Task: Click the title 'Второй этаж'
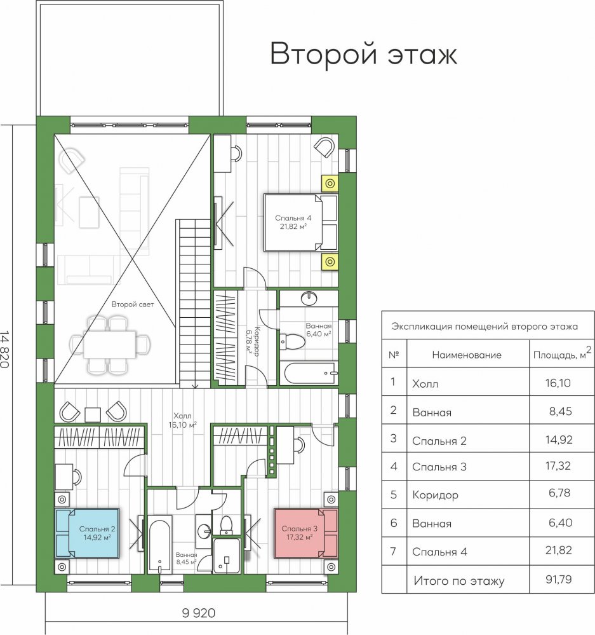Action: (x=363, y=53)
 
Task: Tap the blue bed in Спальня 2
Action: (x=88, y=533)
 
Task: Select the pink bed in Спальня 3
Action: (x=306, y=533)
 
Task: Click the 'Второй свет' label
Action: (x=133, y=304)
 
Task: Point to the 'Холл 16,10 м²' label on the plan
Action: (x=182, y=420)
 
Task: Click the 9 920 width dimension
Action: (x=199, y=613)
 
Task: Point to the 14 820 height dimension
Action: (x=4, y=350)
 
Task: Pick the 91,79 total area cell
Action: (x=559, y=579)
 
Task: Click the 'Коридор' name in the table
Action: (x=435, y=495)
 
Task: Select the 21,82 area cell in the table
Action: (x=559, y=550)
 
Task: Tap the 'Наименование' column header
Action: (x=467, y=355)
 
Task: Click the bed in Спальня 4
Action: (x=300, y=222)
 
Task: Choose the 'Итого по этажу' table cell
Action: (x=458, y=581)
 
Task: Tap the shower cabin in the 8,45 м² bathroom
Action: (x=227, y=556)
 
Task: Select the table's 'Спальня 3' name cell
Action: (x=439, y=467)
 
